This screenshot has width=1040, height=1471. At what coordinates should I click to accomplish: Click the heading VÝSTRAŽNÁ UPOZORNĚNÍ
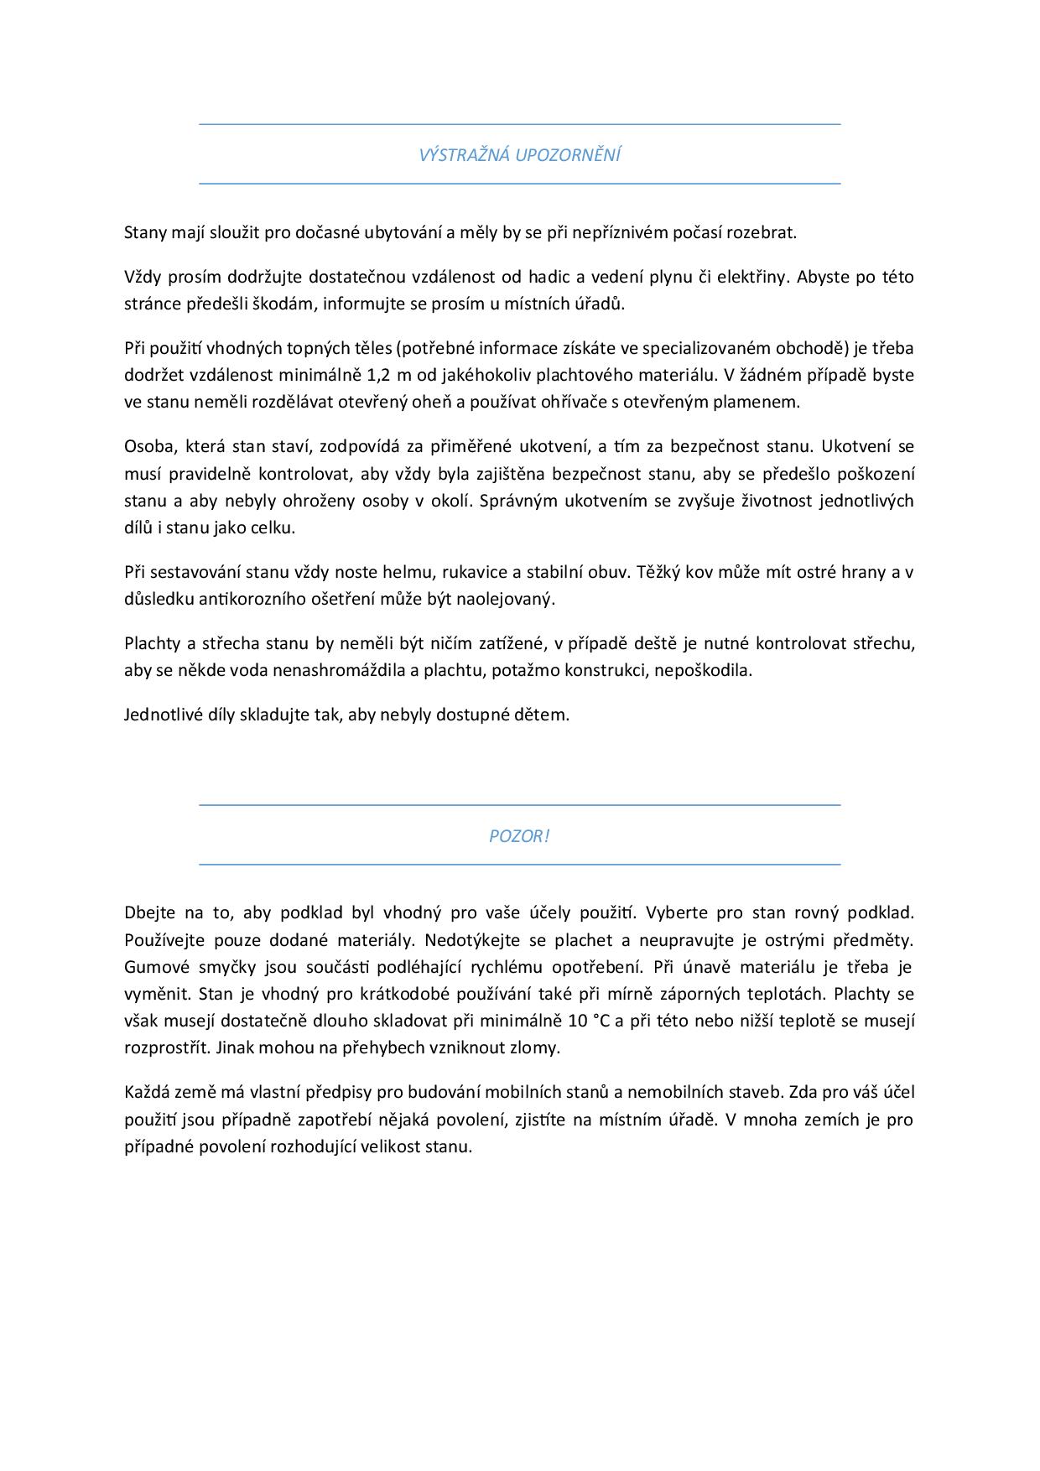click(519, 155)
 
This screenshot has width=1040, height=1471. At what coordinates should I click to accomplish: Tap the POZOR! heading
click(519, 836)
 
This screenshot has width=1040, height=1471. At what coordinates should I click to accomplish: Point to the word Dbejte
click(148, 912)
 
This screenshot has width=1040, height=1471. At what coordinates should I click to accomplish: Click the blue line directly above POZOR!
click(519, 805)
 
